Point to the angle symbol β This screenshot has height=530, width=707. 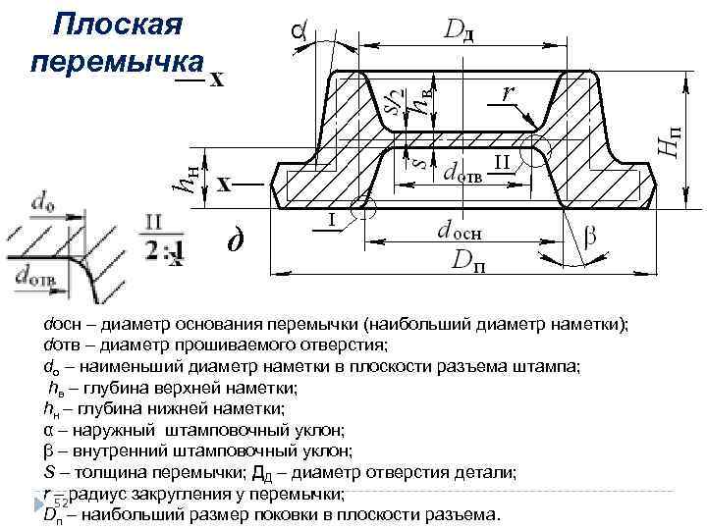click(x=589, y=238)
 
